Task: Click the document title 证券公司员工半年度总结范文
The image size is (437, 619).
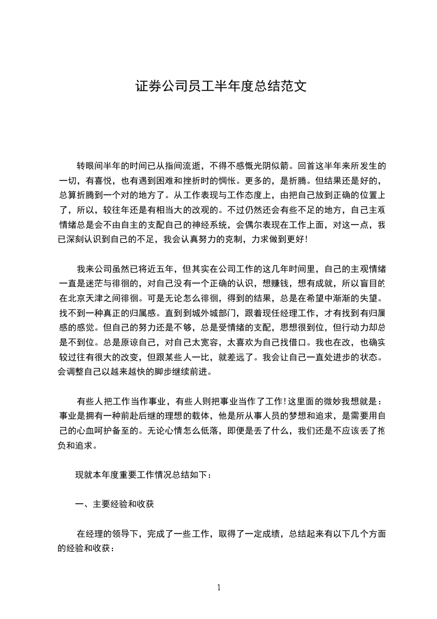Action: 220,87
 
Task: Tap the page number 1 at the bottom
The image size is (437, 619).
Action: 219,587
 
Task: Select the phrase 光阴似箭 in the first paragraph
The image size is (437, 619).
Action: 272,165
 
